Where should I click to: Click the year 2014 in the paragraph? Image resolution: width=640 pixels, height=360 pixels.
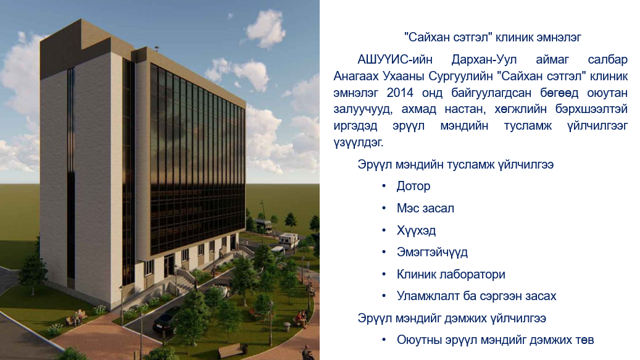coord(399,93)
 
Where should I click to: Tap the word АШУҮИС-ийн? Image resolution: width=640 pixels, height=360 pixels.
coord(395,60)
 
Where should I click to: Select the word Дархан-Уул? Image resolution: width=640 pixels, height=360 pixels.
coord(484,60)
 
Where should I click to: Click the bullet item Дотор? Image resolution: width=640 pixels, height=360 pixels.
coord(414,186)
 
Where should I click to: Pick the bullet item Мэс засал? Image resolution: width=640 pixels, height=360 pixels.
coord(425,208)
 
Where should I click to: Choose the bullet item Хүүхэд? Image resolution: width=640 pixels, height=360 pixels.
coord(417,230)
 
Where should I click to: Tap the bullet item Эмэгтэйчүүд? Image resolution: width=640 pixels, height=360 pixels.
coord(432,252)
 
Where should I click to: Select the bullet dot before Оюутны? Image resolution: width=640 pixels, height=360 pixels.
coord(384,340)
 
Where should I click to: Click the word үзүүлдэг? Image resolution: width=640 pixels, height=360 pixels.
coord(359,143)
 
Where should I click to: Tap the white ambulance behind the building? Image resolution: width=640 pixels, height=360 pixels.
coord(289,241)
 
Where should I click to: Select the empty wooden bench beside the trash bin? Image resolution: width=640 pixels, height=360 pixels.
coord(231,350)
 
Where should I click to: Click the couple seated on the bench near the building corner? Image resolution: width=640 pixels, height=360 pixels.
coord(77,317)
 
